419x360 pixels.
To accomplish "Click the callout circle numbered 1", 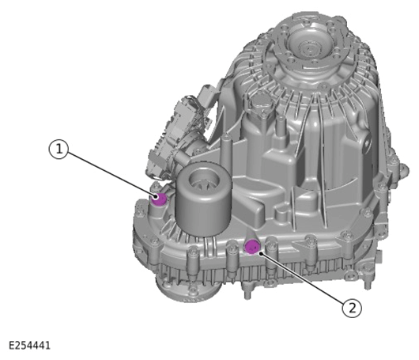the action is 59,150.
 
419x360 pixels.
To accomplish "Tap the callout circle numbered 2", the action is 352,308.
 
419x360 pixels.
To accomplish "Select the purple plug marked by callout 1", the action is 159,199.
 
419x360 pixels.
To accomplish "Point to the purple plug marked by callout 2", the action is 251,247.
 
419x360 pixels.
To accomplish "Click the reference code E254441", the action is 30,345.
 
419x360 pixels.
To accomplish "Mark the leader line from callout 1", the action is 111,174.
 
